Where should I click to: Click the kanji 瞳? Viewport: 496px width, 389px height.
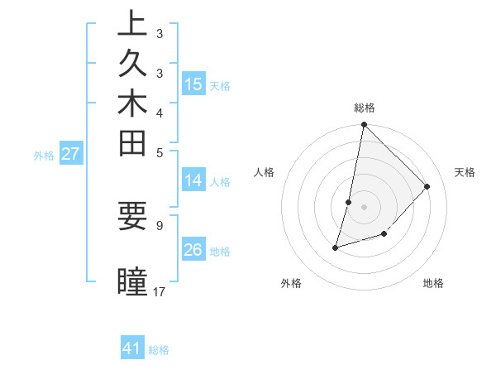tap(132, 281)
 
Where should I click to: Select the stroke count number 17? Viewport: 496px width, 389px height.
tap(160, 292)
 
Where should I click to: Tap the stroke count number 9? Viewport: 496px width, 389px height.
tap(160, 224)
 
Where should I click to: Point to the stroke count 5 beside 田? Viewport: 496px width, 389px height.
tap(160, 152)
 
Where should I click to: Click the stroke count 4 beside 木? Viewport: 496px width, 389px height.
tap(160, 113)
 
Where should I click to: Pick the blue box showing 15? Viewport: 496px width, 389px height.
tap(193, 84)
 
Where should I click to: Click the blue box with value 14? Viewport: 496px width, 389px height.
tap(193, 180)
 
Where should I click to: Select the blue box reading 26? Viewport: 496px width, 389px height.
tap(193, 249)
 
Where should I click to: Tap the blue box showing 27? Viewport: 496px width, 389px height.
tap(71, 153)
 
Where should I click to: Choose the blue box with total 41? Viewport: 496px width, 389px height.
tap(132, 348)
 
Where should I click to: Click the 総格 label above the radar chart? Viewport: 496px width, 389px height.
tap(365, 108)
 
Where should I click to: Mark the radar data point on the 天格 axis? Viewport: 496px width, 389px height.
tap(427, 186)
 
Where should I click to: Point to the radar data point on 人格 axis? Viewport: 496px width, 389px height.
tap(349, 202)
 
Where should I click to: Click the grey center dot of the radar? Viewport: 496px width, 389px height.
tap(364, 207)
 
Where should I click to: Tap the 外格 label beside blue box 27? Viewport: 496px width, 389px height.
tap(44, 154)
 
